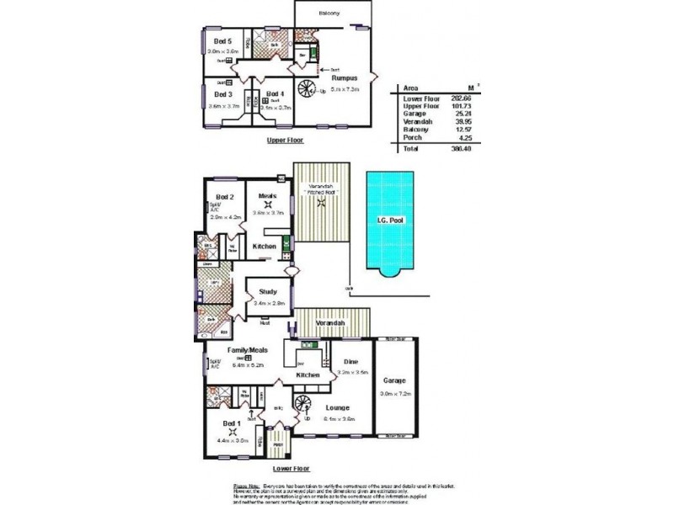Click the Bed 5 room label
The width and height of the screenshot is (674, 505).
click(222, 41)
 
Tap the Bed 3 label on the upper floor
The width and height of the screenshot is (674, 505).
click(222, 95)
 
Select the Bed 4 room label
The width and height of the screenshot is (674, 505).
click(275, 93)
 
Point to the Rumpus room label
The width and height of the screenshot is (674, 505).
click(345, 78)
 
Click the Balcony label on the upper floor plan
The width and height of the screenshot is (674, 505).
click(330, 14)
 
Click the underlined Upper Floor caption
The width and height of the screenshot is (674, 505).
click(284, 141)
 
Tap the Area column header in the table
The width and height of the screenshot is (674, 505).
click(413, 86)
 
